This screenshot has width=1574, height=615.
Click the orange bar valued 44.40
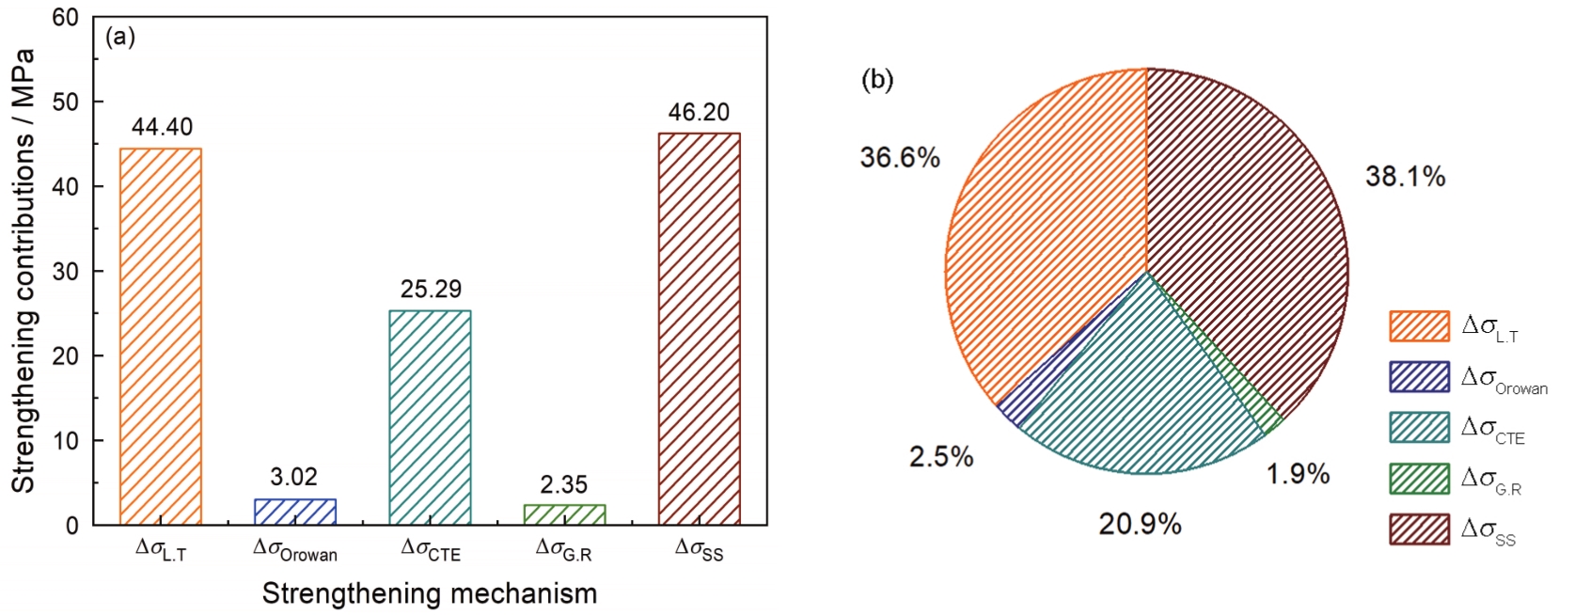[x=161, y=336]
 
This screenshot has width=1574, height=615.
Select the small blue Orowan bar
[x=295, y=512]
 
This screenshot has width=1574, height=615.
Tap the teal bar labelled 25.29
[x=430, y=417]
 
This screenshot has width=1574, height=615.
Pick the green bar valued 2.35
[x=564, y=513]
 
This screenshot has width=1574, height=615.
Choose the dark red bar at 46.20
[x=699, y=328]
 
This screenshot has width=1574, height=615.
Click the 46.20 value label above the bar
[x=699, y=113]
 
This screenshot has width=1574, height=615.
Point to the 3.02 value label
[x=294, y=477]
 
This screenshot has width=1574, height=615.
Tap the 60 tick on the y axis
[x=65, y=18]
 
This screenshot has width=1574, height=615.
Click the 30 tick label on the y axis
[x=65, y=272]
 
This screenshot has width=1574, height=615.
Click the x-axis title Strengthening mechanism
[x=430, y=594]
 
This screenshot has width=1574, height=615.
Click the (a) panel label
[x=120, y=38]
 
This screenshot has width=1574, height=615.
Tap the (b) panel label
[x=877, y=80]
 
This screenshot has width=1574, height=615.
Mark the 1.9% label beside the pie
[x=1298, y=474]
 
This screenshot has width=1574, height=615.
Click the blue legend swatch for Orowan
[x=1419, y=377]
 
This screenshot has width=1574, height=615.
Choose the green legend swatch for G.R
[x=1419, y=479]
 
